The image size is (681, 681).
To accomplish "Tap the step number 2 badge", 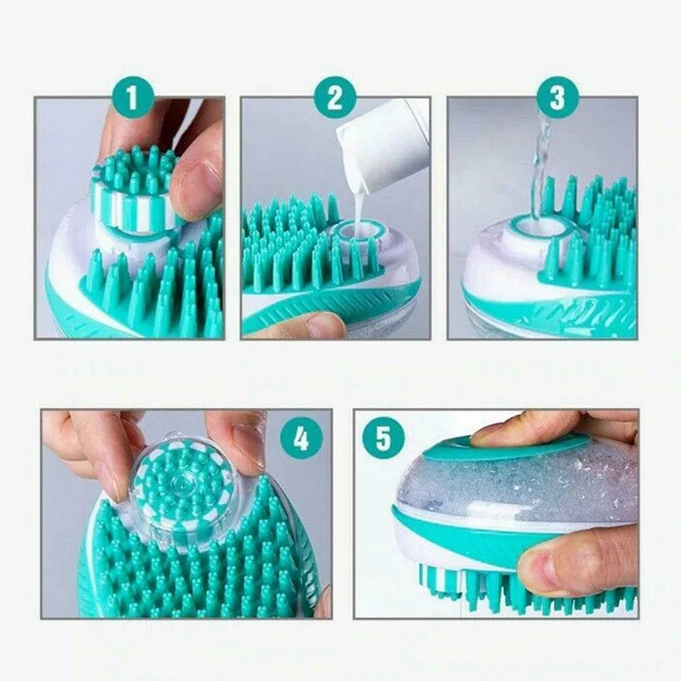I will click(335, 98).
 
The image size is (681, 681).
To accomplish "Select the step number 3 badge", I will click(558, 98).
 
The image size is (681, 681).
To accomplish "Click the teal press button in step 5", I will click(511, 447).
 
